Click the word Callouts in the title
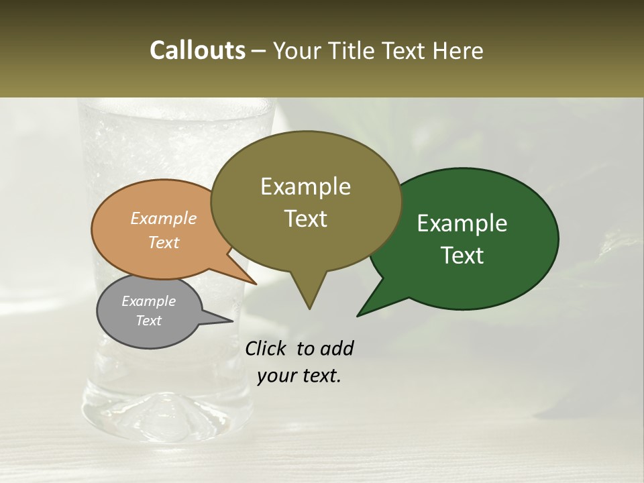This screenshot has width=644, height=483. pos(197,50)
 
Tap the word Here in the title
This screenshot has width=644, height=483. pos(458,50)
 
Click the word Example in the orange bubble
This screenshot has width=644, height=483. pos(163,218)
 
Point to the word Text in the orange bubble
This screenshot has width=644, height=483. pos(163,242)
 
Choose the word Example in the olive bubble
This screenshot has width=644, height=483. pos(305,186)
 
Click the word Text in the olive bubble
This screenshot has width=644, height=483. pos(305,219)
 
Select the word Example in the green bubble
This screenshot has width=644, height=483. pos(462,223)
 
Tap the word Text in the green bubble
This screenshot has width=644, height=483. pos(462,256)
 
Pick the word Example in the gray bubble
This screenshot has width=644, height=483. pos(148,301)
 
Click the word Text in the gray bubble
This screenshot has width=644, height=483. pos(148,321)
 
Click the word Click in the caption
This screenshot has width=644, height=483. pos(267,348)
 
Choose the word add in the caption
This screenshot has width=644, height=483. pos(336,348)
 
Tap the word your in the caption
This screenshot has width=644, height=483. pos(276,376)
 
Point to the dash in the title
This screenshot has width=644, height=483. pos(259,51)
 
